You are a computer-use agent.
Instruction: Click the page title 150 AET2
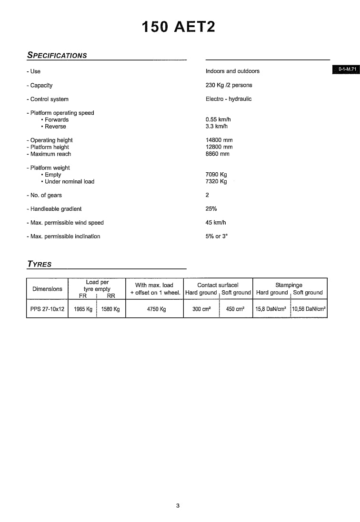[179, 27]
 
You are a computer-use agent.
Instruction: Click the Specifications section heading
[57, 55]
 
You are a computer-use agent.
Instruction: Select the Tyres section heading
[40, 264]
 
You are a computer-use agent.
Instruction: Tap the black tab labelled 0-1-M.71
[347, 69]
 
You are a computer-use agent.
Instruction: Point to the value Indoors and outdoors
[232, 71]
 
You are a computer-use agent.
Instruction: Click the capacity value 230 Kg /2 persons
[229, 85]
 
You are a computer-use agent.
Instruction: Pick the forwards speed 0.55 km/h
[218, 120]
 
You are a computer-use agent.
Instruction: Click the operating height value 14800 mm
[219, 140]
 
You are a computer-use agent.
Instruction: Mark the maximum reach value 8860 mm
[218, 154]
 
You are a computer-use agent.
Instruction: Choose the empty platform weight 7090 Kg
[216, 175]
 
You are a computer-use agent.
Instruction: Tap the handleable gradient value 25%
[211, 209]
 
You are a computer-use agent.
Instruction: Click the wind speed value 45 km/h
[216, 223]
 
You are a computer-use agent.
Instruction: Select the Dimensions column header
[47, 289]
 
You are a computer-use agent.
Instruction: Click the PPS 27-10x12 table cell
[47, 309]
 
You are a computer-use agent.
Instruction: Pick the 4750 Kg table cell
[156, 309]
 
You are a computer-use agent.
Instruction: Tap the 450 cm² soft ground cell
[235, 309]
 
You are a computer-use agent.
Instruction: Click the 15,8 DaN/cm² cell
[270, 309]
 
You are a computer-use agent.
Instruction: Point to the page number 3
[178, 506]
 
